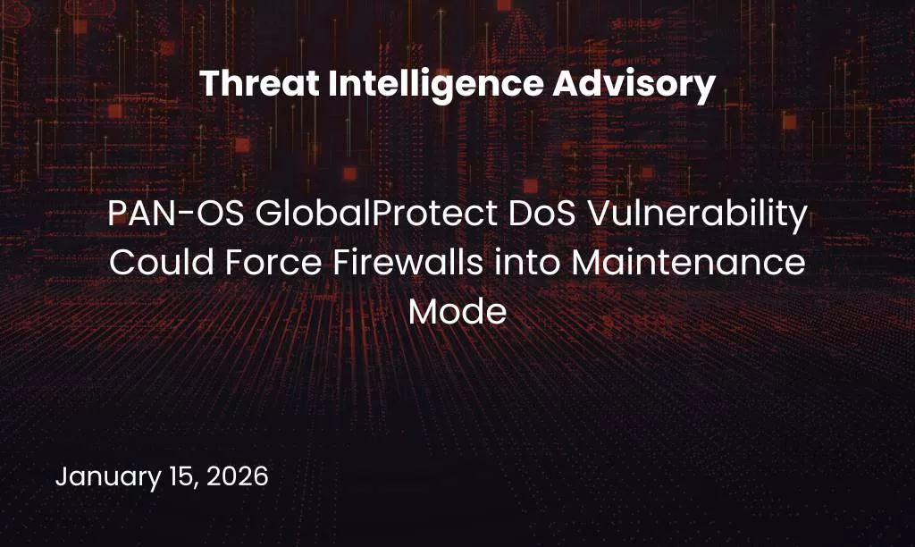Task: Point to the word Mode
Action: tap(457, 312)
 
